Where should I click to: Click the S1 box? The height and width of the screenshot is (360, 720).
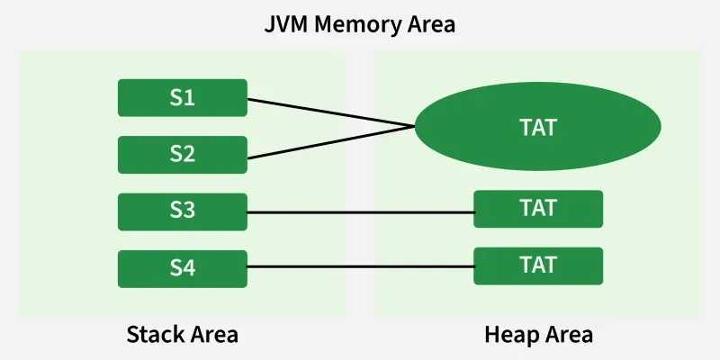point(183,97)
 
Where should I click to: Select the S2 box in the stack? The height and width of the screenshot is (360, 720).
point(183,154)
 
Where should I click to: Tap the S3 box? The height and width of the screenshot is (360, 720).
point(183,211)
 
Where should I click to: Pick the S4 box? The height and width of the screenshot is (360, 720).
point(183,268)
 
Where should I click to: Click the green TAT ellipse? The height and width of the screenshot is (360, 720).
point(538,128)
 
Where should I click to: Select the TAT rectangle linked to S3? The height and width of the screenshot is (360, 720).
point(538,209)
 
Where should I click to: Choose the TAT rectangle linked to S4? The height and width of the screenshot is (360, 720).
point(538,265)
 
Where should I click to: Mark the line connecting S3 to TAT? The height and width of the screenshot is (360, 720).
point(360,212)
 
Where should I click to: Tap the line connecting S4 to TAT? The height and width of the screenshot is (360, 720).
point(360,266)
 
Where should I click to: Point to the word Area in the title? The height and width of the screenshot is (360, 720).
point(430,23)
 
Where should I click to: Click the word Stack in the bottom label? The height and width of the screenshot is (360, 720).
point(156,336)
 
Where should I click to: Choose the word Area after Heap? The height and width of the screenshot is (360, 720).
point(569,336)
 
